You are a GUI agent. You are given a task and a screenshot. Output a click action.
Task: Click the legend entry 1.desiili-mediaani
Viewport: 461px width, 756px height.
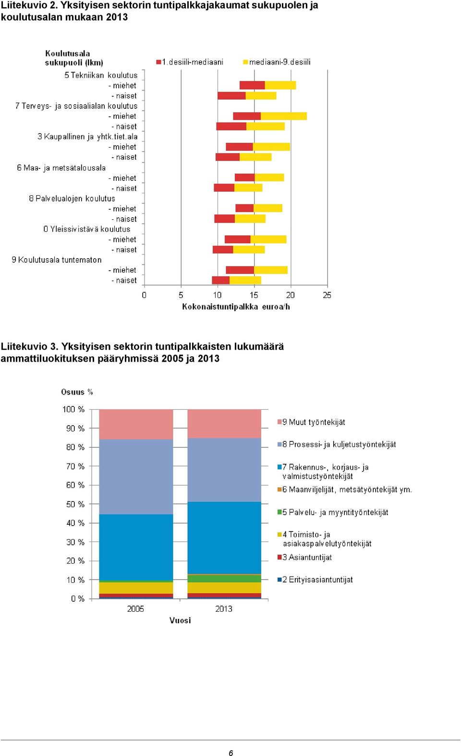[x=190, y=62]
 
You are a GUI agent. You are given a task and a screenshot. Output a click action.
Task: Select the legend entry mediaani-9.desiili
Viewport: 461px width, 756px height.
[x=277, y=62]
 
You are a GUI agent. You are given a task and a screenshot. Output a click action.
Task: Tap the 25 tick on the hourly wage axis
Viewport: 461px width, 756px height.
[x=327, y=295]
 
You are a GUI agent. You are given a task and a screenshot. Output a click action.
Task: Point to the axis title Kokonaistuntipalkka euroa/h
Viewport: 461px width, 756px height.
[x=236, y=307]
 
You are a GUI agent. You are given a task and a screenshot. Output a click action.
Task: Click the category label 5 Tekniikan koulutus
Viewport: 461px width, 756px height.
[x=101, y=75]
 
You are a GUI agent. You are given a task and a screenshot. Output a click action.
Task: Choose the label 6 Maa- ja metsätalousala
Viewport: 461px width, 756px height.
[x=61, y=168]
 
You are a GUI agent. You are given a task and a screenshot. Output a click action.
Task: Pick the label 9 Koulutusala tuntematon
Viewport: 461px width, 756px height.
[x=57, y=260]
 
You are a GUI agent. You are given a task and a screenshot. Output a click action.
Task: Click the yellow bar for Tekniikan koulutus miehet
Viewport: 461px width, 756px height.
[x=280, y=86]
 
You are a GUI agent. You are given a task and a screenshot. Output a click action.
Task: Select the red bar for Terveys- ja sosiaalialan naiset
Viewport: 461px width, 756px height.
[x=231, y=126]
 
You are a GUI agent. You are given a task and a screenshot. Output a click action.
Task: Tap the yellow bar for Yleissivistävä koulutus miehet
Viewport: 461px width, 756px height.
[x=268, y=239]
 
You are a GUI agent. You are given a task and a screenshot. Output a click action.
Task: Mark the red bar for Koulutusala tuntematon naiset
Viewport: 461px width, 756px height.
[x=221, y=280]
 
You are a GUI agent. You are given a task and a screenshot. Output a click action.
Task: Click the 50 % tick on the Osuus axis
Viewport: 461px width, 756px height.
[x=75, y=504]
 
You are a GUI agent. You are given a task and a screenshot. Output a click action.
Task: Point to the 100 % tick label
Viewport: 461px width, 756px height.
[x=73, y=409]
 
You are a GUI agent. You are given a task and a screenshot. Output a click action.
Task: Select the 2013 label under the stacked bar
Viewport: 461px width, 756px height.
[x=224, y=609]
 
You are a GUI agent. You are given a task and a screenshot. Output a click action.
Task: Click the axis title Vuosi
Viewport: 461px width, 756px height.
[x=180, y=620]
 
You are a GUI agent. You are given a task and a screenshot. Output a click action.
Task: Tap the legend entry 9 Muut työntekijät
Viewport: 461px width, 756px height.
[x=311, y=422]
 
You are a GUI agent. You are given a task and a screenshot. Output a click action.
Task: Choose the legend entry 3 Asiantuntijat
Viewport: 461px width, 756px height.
[x=304, y=557]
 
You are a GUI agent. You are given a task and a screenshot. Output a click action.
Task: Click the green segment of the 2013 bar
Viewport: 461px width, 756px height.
[x=224, y=579]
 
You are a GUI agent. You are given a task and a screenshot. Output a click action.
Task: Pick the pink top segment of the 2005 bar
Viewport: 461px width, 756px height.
[x=136, y=424]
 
